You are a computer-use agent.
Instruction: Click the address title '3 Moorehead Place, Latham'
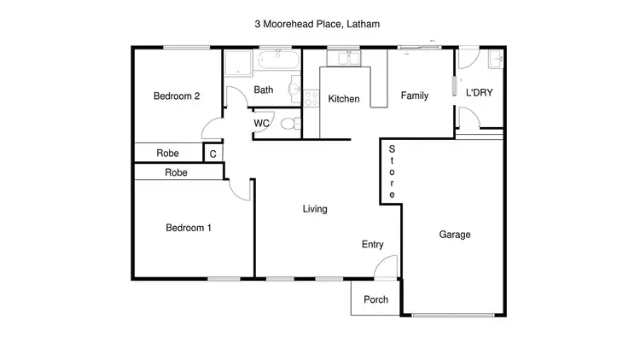click(317, 25)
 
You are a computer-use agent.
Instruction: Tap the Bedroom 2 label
click(176, 96)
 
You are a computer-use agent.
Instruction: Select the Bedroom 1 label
click(188, 228)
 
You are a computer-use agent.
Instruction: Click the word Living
click(315, 209)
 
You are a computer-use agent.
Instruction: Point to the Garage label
click(455, 235)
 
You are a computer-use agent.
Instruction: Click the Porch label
click(375, 299)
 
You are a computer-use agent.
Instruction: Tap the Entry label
click(372, 245)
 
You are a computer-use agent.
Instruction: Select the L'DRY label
click(479, 92)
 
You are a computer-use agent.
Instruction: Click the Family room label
click(415, 96)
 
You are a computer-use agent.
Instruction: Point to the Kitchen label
click(344, 99)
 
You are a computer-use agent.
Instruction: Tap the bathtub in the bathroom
click(277, 60)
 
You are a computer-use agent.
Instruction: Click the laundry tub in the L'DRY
click(495, 60)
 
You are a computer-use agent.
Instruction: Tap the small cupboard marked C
click(212, 154)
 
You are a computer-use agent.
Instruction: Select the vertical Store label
click(392, 171)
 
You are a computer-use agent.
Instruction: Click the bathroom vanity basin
click(294, 88)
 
